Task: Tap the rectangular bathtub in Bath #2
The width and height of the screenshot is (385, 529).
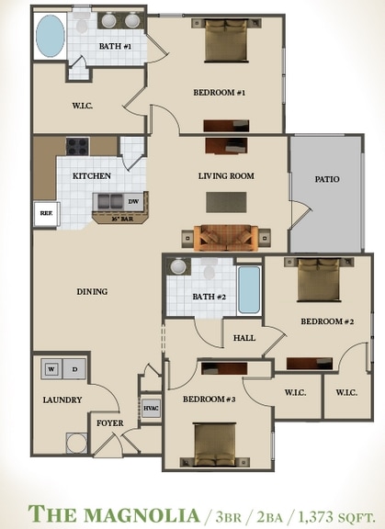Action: click(x=249, y=289)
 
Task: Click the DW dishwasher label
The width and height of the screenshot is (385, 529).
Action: click(x=133, y=201)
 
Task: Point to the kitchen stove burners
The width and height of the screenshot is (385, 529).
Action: click(x=77, y=146)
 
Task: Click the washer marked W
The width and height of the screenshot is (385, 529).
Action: click(x=51, y=369)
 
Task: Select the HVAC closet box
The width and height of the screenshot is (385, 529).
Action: click(x=151, y=409)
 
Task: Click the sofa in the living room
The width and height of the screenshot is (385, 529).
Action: click(x=225, y=237)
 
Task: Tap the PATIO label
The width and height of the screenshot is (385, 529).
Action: click(x=326, y=179)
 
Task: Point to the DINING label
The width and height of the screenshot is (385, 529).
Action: click(x=92, y=291)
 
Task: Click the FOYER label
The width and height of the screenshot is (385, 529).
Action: click(x=111, y=423)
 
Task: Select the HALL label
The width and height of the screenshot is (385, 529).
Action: click(x=244, y=338)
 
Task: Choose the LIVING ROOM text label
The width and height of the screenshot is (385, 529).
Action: click(x=226, y=175)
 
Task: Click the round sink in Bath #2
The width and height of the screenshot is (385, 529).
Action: click(x=179, y=267)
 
